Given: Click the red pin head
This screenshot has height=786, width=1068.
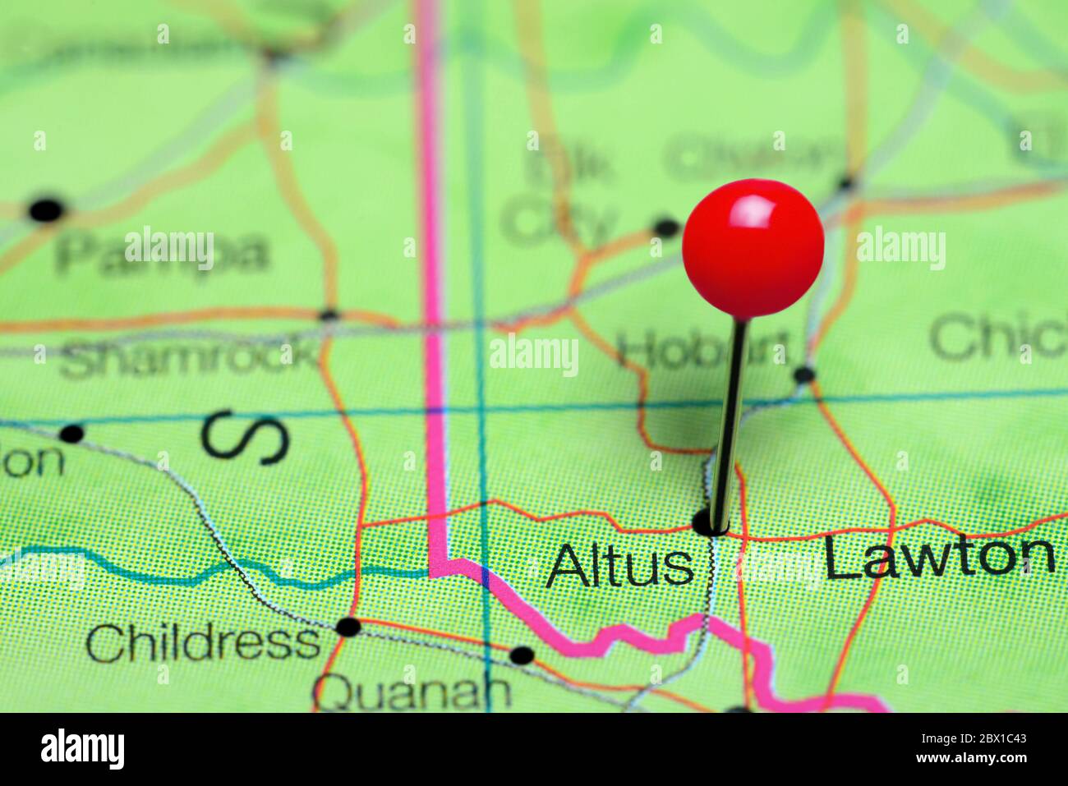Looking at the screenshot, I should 753,247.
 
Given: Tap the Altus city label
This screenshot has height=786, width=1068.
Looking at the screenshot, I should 620,566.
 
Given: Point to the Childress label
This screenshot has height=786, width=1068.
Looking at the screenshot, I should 203,643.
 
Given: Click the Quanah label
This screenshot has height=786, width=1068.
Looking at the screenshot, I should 412,692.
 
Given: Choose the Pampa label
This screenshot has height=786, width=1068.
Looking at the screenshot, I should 162,252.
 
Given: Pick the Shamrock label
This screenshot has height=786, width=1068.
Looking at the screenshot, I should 189,357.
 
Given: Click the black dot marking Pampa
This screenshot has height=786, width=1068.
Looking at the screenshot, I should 47,210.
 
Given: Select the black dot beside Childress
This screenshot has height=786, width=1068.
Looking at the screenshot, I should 348,627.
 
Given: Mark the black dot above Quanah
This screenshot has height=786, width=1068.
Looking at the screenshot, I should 522,655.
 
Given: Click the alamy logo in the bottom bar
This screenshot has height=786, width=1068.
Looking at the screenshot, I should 82,749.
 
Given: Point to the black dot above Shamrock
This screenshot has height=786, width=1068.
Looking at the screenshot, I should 329,314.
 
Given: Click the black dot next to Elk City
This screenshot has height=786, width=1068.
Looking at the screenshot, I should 666,227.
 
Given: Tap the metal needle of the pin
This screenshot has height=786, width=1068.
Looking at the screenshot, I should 729,419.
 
